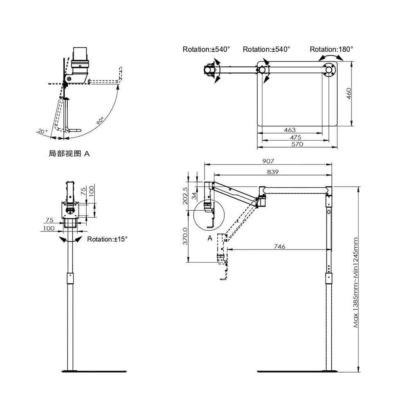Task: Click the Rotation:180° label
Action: (331, 49)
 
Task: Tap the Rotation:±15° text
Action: (107, 239)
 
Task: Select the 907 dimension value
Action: (268, 161)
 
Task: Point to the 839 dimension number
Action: (272, 172)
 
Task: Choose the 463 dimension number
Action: (289, 130)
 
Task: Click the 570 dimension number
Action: (297, 144)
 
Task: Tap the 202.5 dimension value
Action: (185, 196)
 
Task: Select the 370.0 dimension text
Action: (185, 236)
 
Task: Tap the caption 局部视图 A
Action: (69, 154)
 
